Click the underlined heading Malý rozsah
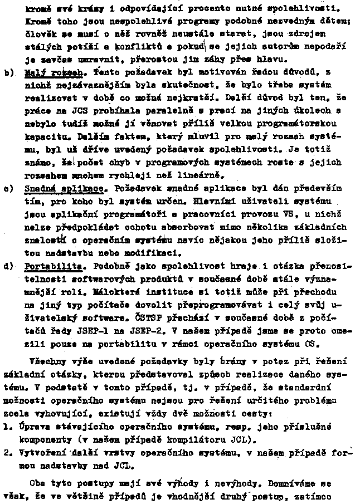pos(54,72)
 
